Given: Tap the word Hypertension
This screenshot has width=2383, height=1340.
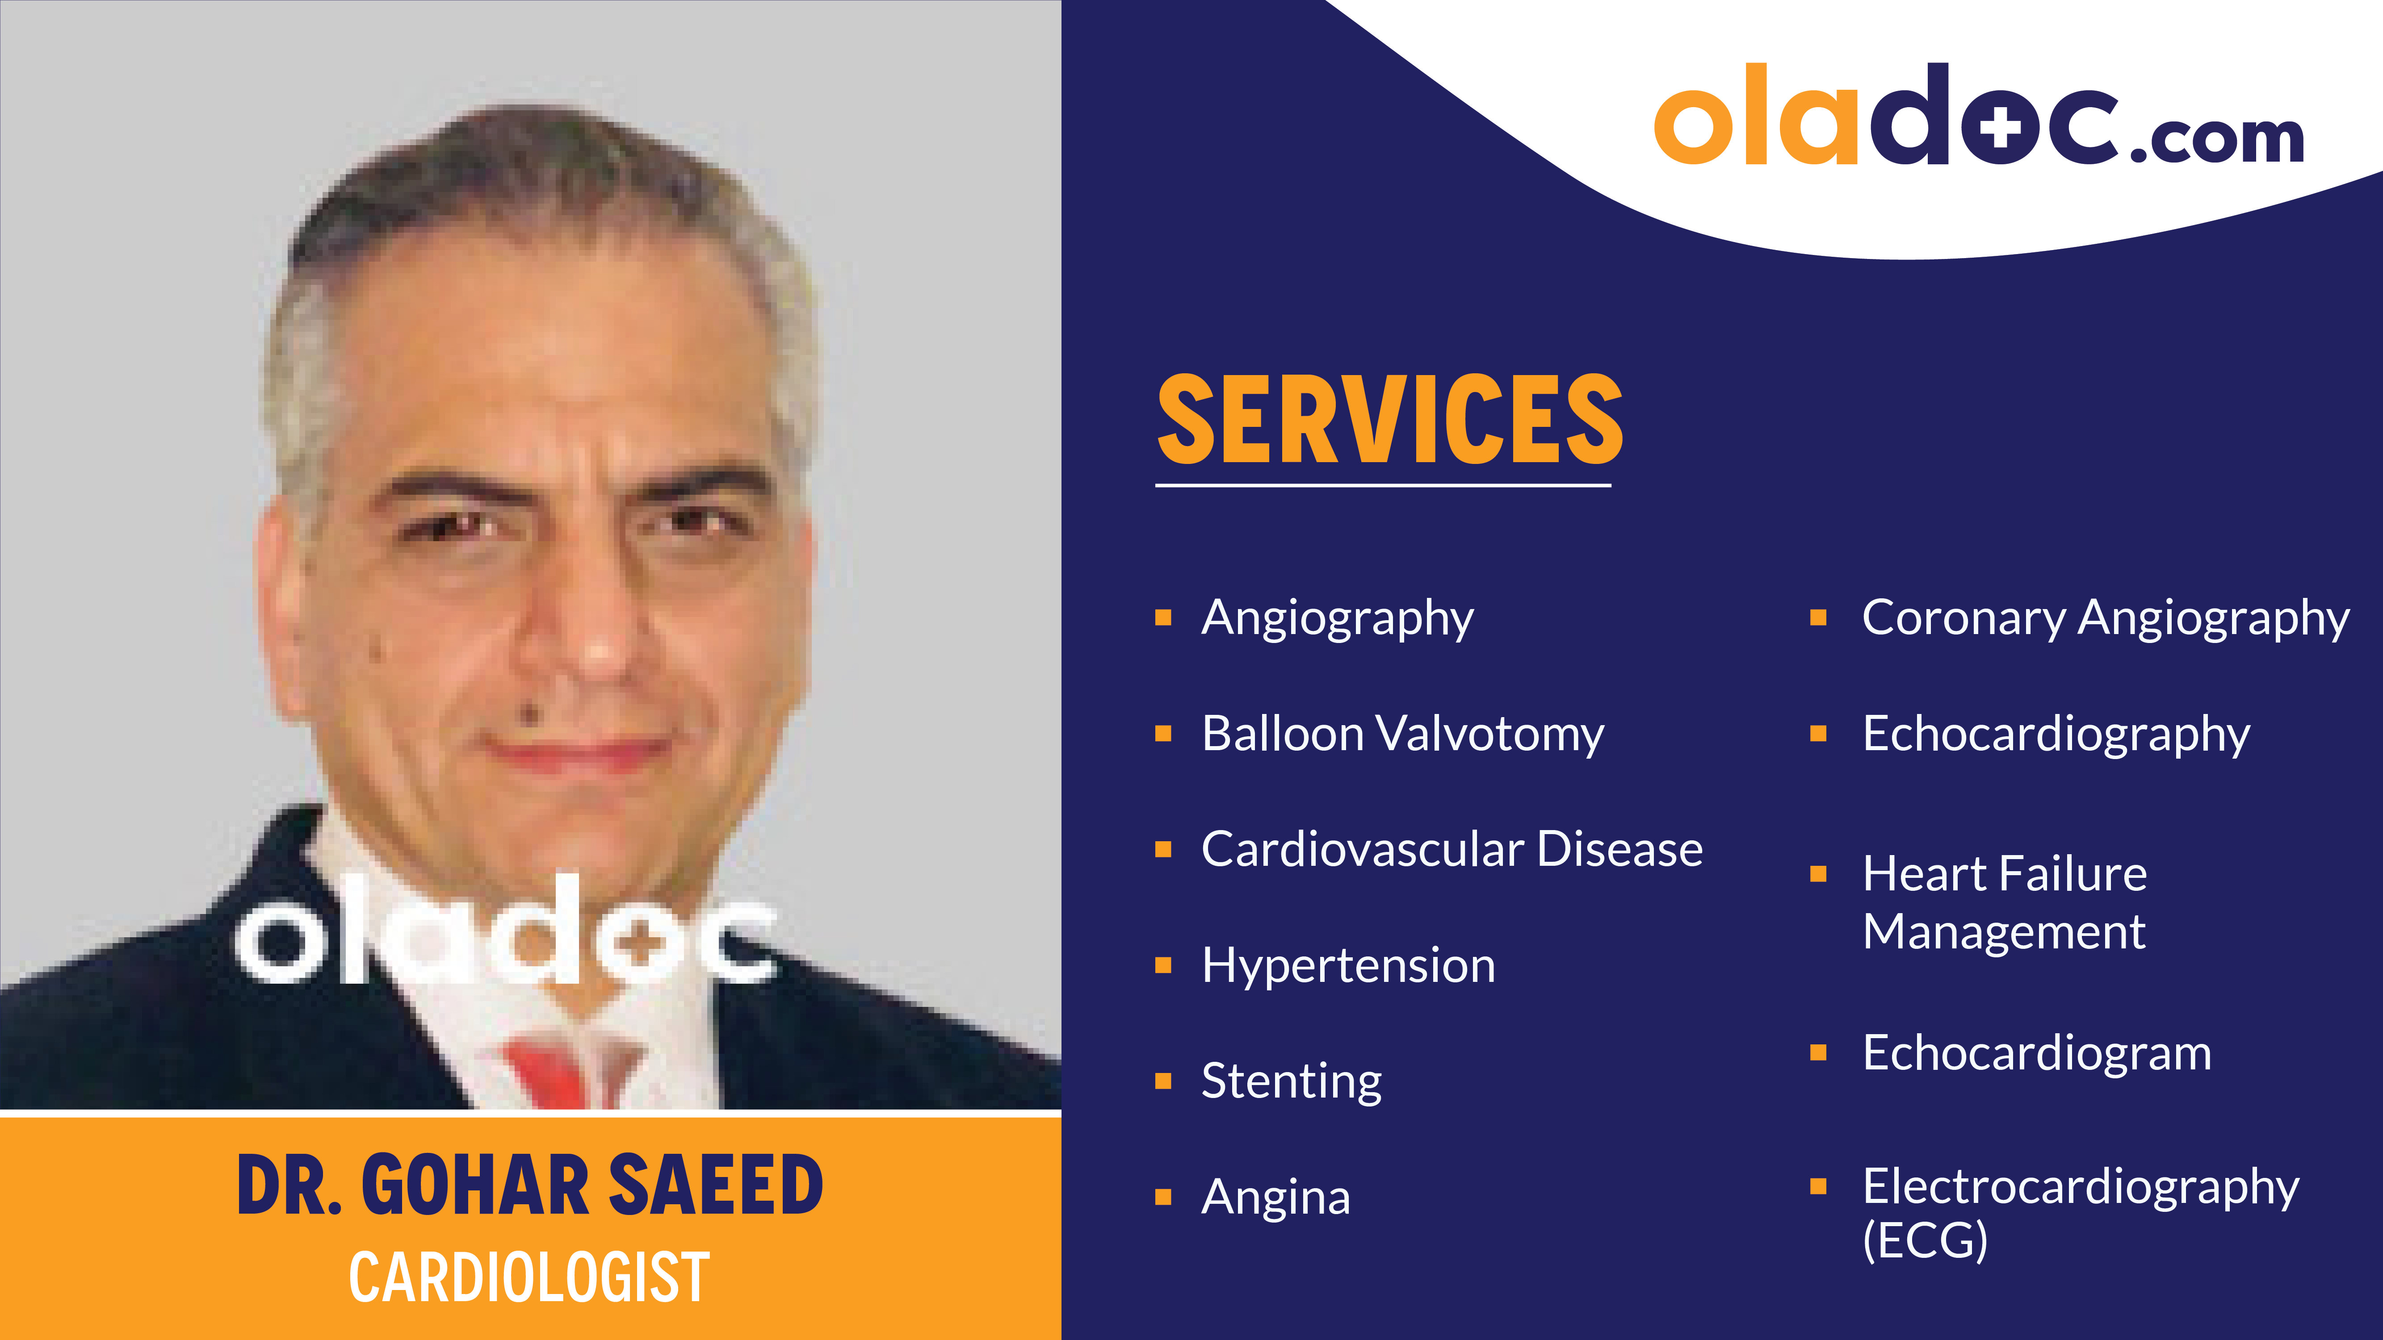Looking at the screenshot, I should (1348, 965).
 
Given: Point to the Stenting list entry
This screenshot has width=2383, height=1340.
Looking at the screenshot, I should (1292, 1081).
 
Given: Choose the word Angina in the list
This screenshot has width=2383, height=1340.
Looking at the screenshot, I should (1275, 1198).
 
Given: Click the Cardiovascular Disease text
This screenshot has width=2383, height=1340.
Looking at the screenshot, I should (1452, 850).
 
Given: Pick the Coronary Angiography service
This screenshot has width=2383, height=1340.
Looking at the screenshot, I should (2105, 618).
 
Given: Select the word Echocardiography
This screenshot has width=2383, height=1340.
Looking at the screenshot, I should (2056, 734).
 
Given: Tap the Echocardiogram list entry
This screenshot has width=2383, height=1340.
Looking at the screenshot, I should (2036, 1053).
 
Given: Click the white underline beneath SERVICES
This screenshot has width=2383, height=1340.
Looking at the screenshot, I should (1383, 484).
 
